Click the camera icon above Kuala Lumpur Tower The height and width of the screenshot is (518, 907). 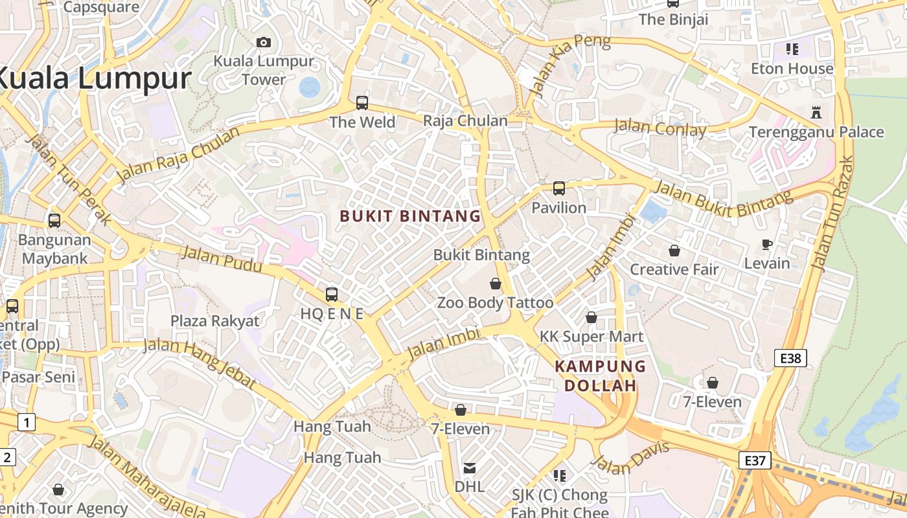click(x=264, y=43)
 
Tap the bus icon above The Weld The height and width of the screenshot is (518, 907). click(x=362, y=102)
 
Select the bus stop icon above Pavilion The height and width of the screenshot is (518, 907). click(x=559, y=188)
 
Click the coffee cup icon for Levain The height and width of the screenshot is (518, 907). click(x=767, y=244)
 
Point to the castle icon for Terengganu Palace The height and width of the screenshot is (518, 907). click(x=816, y=113)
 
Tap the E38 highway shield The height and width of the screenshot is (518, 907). click(x=790, y=357)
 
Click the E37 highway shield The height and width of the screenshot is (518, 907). click(x=755, y=461)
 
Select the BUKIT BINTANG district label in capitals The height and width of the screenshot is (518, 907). click(x=411, y=216)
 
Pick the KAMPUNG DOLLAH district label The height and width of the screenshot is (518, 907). click(x=599, y=376)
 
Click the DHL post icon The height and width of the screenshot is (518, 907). click(x=470, y=467)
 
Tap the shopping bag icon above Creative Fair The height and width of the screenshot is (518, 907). click(x=674, y=251)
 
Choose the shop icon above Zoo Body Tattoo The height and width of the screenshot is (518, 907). click(x=496, y=284)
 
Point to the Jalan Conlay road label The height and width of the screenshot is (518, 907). click(x=660, y=128)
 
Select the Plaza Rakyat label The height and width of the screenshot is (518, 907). click(x=214, y=321)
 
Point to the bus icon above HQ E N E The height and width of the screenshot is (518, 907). click(x=332, y=295)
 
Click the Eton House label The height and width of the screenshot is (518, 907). click(x=792, y=69)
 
